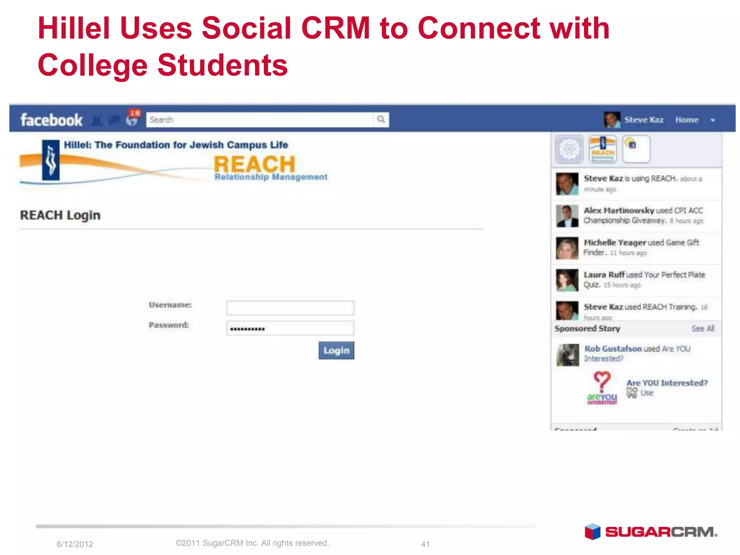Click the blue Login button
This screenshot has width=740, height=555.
[x=336, y=350]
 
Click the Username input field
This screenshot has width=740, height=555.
[x=290, y=308]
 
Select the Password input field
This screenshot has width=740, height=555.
[x=290, y=328]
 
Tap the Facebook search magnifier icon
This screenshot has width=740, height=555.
[x=381, y=120]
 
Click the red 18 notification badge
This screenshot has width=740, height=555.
[x=135, y=113]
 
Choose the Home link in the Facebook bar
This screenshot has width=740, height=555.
[x=687, y=120]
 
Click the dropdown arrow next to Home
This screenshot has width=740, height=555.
[x=713, y=120]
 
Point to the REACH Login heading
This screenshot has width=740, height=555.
[x=60, y=215]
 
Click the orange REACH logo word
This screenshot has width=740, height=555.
[x=254, y=164]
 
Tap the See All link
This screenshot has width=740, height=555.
[x=702, y=328]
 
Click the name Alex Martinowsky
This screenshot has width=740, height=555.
[x=619, y=211]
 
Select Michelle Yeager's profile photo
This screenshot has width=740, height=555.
[x=567, y=248]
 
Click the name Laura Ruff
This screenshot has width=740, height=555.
[x=604, y=275]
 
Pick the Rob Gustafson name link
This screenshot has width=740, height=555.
[x=613, y=349]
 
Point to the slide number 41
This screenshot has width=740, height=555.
[x=425, y=544]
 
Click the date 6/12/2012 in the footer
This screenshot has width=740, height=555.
[x=75, y=544]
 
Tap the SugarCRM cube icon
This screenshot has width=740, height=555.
[x=592, y=532]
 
